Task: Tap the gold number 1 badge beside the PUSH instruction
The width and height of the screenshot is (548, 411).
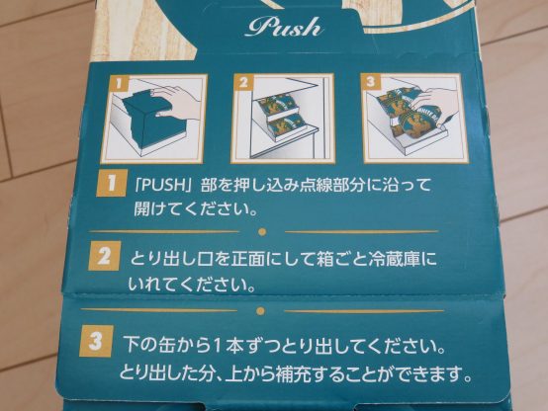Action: (111, 183)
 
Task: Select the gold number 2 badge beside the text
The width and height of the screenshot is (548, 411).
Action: (105, 256)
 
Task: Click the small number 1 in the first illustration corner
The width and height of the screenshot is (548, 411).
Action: (119, 84)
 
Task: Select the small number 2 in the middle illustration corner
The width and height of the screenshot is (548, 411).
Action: (243, 82)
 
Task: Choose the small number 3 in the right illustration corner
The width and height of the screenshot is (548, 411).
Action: (371, 82)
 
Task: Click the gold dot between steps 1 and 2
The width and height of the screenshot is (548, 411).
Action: (262, 231)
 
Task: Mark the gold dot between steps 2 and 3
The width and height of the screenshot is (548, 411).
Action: (260, 310)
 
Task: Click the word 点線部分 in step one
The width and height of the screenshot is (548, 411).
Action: (328, 185)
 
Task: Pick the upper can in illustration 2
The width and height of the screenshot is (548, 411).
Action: (281, 105)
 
